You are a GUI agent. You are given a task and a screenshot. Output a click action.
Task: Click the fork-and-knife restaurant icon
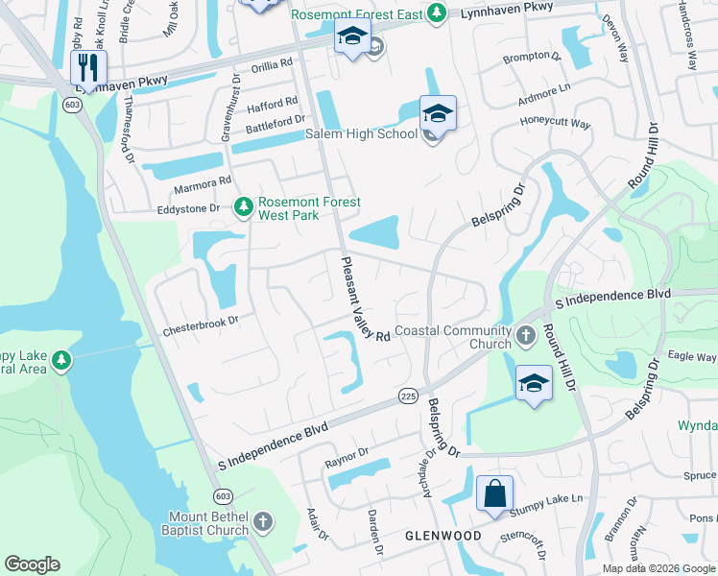88,68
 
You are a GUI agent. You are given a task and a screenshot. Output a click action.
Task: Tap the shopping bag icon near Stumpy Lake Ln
494,494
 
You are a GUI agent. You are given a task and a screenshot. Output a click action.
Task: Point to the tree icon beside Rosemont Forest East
437,12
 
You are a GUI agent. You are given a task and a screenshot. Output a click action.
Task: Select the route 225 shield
406,396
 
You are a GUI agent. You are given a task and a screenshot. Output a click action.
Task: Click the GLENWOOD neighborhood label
443,535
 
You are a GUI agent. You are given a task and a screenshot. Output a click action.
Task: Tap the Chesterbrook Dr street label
200,324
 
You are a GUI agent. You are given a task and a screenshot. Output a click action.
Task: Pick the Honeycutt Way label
555,123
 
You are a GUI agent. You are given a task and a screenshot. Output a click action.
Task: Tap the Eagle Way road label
692,356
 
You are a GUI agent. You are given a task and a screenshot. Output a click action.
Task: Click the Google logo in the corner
32,564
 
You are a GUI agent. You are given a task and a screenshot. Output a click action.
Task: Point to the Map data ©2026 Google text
658,568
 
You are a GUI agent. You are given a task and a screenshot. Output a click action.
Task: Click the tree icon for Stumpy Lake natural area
61,360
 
